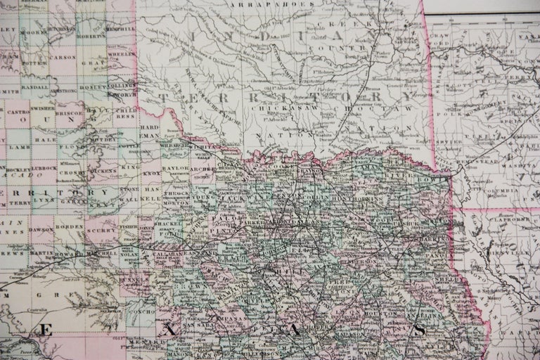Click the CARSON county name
(63, 57)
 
